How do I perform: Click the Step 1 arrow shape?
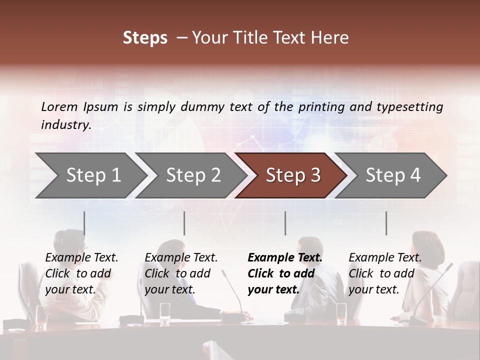(90, 175)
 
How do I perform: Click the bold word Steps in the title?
(145, 38)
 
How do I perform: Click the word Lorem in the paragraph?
(59, 106)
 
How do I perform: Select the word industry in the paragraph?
(65, 125)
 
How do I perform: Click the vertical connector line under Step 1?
(84, 223)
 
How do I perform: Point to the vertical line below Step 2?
(184, 223)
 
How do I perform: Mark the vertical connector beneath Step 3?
(285, 223)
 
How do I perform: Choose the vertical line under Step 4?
(386, 223)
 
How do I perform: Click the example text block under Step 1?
(81, 273)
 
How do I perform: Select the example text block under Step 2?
(181, 273)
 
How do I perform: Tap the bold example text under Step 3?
(285, 273)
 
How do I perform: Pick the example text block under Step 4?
(385, 273)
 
